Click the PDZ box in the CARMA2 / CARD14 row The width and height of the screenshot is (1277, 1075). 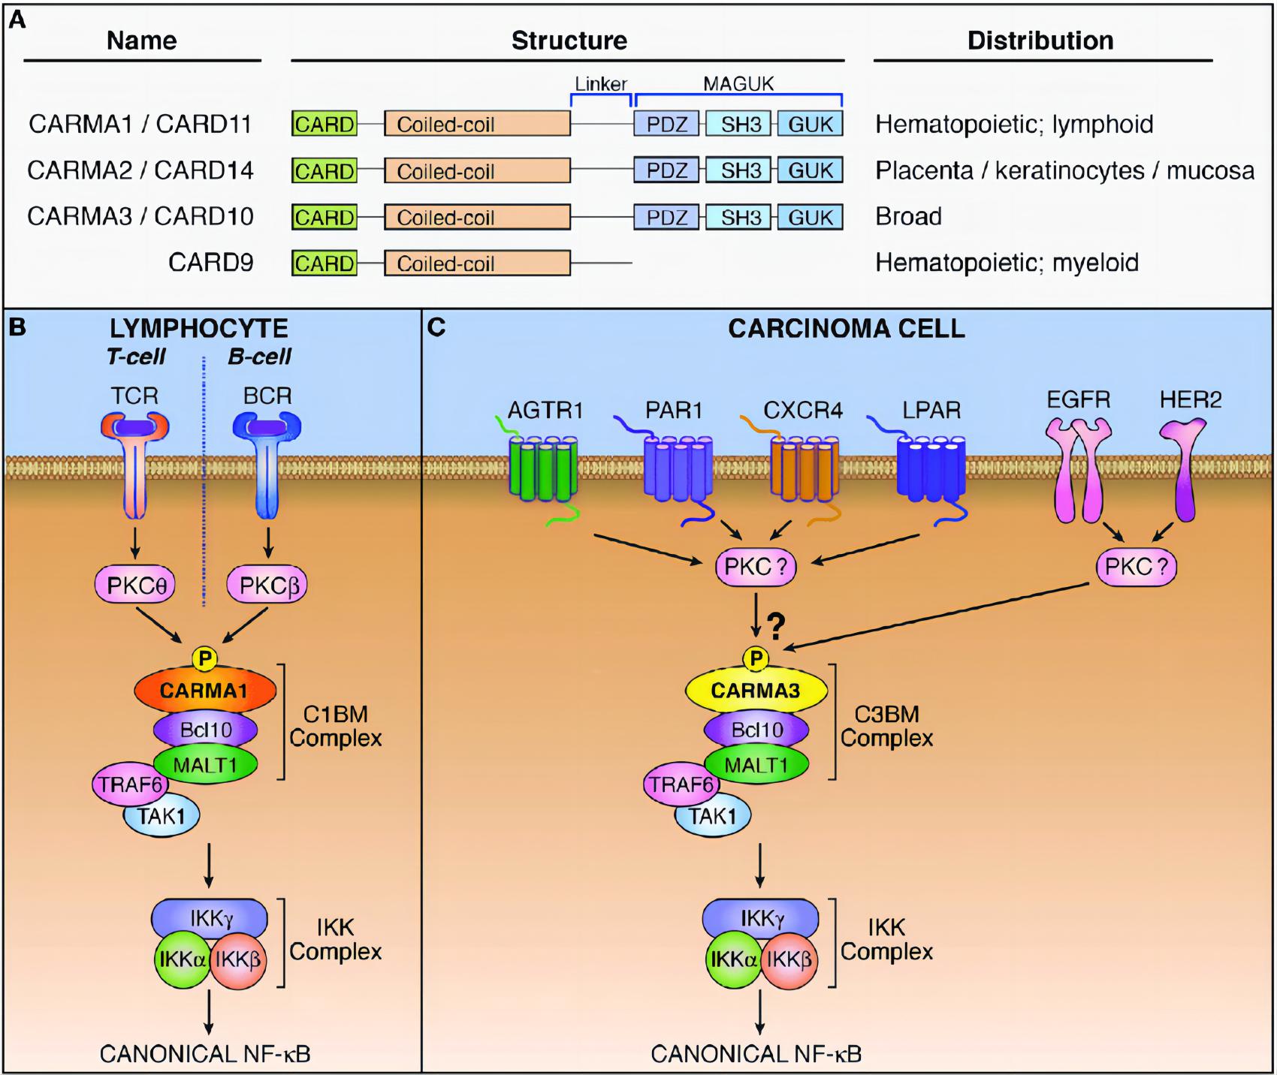666,170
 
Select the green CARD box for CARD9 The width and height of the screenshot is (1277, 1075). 324,263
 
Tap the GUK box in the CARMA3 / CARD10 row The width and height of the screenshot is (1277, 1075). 810,217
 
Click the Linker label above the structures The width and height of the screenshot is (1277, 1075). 600,84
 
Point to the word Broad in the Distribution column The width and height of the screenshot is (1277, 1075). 908,217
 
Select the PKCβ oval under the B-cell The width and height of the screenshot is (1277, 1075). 267,585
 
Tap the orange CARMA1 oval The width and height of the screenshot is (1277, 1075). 204,690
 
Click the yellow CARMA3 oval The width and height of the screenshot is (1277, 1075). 756,690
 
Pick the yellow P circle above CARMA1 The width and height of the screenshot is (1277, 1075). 204,658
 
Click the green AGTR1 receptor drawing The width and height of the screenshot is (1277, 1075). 543,469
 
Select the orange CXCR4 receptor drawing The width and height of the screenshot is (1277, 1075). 805,469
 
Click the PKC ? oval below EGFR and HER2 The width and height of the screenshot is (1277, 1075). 1136,566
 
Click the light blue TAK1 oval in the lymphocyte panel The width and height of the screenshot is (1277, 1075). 162,815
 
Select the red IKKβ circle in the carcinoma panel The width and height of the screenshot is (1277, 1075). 789,959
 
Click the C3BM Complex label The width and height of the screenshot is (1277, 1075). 886,726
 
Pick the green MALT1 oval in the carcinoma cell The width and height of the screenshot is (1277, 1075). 756,765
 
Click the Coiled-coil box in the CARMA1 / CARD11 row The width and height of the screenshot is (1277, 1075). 477,124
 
